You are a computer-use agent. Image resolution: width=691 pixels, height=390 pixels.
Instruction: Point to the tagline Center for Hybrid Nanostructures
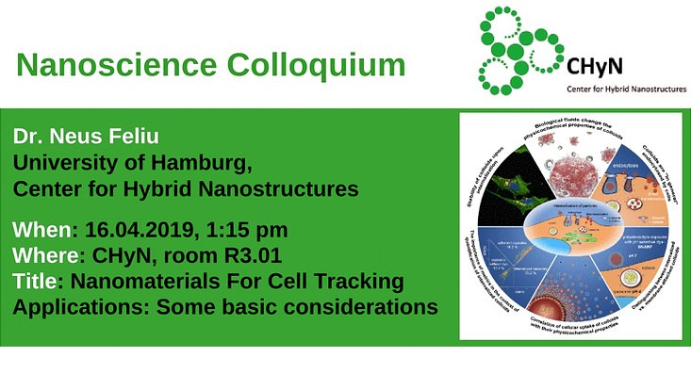[625, 91]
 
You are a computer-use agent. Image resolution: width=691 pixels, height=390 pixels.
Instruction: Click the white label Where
[46, 256]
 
